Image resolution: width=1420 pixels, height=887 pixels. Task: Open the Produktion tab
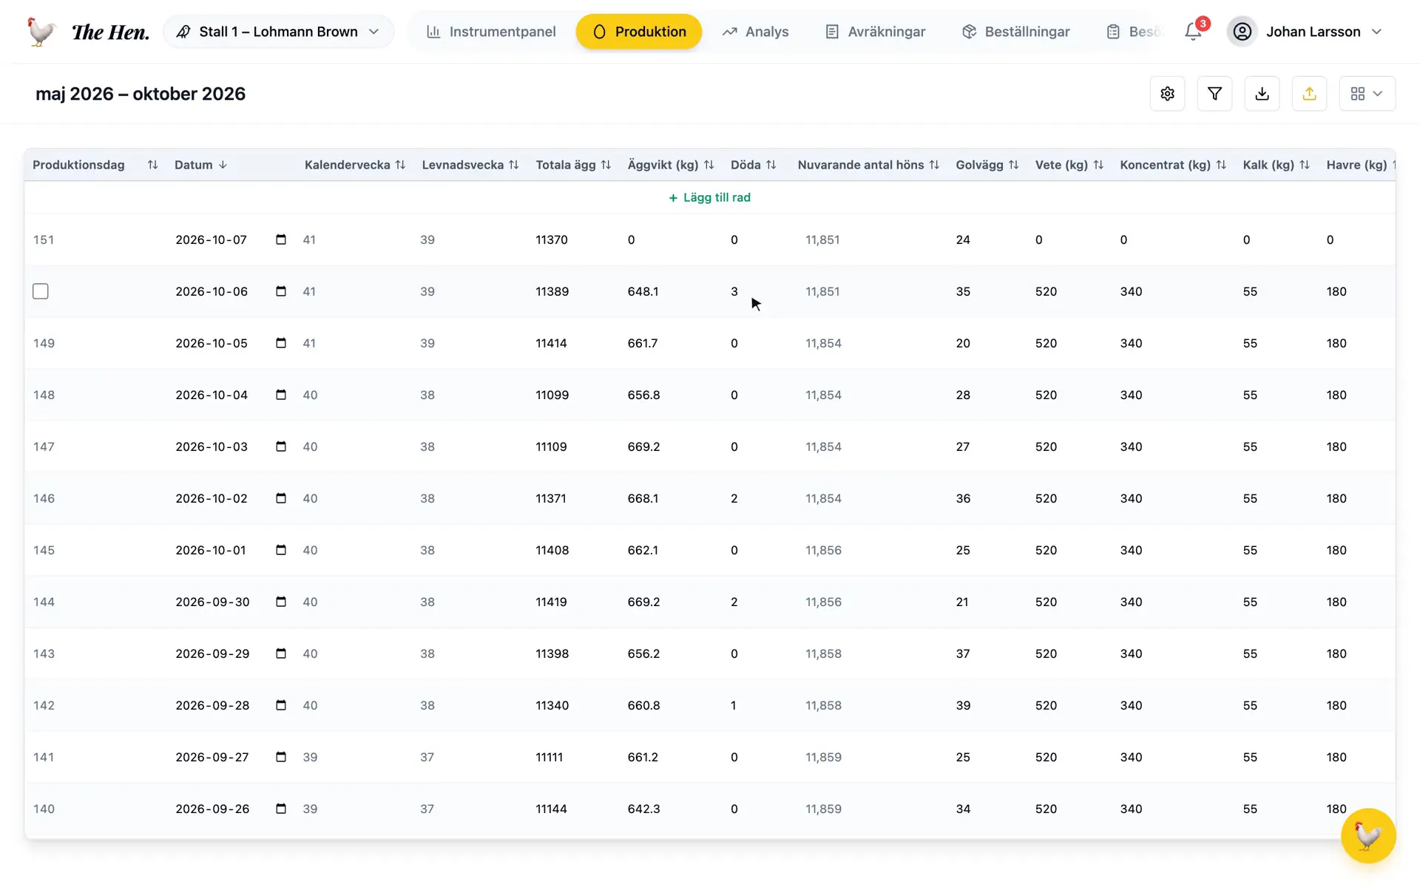point(638,32)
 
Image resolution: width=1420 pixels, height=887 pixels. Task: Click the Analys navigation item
point(755,32)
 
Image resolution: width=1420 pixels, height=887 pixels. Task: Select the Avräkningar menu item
point(875,32)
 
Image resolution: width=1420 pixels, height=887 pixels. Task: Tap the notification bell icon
point(1193,32)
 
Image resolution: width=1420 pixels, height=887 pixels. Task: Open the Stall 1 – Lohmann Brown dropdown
point(278,32)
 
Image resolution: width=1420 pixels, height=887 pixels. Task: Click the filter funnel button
point(1214,94)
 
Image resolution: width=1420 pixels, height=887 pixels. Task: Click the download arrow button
point(1262,94)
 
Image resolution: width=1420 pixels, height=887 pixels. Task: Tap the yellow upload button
point(1309,94)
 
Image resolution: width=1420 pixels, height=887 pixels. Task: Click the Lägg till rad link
point(709,197)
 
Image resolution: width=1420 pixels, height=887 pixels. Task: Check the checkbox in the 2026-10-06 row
point(41,291)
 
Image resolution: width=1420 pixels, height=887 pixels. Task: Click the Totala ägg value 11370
point(552,239)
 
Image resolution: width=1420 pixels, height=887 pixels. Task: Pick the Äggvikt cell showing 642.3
point(643,809)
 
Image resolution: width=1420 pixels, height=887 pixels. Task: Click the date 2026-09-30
point(212,602)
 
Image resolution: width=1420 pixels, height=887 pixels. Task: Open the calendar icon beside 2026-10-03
point(281,446)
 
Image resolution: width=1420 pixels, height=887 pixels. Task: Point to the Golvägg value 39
point(963,705)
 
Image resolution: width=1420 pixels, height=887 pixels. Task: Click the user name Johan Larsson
point(1313,32)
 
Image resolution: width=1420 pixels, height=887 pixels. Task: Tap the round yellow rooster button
point(1368,836)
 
